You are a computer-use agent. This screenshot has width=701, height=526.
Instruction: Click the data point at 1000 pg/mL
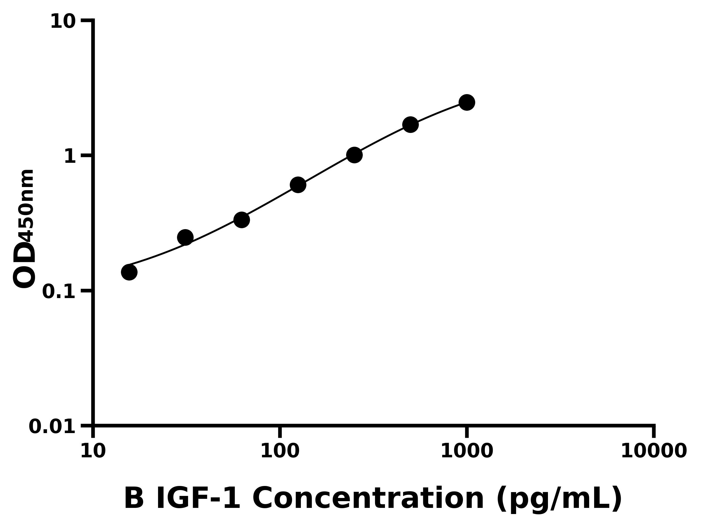click(466, 102)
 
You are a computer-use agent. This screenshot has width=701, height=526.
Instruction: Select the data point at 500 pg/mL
click(410, 124)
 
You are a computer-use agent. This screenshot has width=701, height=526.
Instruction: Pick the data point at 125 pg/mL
click(298, 185)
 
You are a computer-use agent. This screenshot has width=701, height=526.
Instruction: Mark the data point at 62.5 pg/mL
click(242, 220)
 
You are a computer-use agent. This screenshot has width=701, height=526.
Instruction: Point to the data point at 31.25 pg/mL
click(185, 238)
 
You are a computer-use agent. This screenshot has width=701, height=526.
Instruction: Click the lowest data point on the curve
click(129, 272)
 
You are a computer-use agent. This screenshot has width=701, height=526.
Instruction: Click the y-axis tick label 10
click(63, 22)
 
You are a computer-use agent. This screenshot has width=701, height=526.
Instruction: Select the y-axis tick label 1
click(70, 157)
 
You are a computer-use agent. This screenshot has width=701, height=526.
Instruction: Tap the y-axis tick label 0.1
click(59, 292)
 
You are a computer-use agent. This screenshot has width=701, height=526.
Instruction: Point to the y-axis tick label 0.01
click(52, 427)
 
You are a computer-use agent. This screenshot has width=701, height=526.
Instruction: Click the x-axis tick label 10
click(93, 451)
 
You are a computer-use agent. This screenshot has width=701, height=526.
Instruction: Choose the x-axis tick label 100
click(280, 451)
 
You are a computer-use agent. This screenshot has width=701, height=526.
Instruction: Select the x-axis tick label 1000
click(466, 451)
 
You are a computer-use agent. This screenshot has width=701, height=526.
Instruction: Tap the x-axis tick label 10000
click(653, 451)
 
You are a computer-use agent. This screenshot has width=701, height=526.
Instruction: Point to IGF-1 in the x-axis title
click(198, 499)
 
